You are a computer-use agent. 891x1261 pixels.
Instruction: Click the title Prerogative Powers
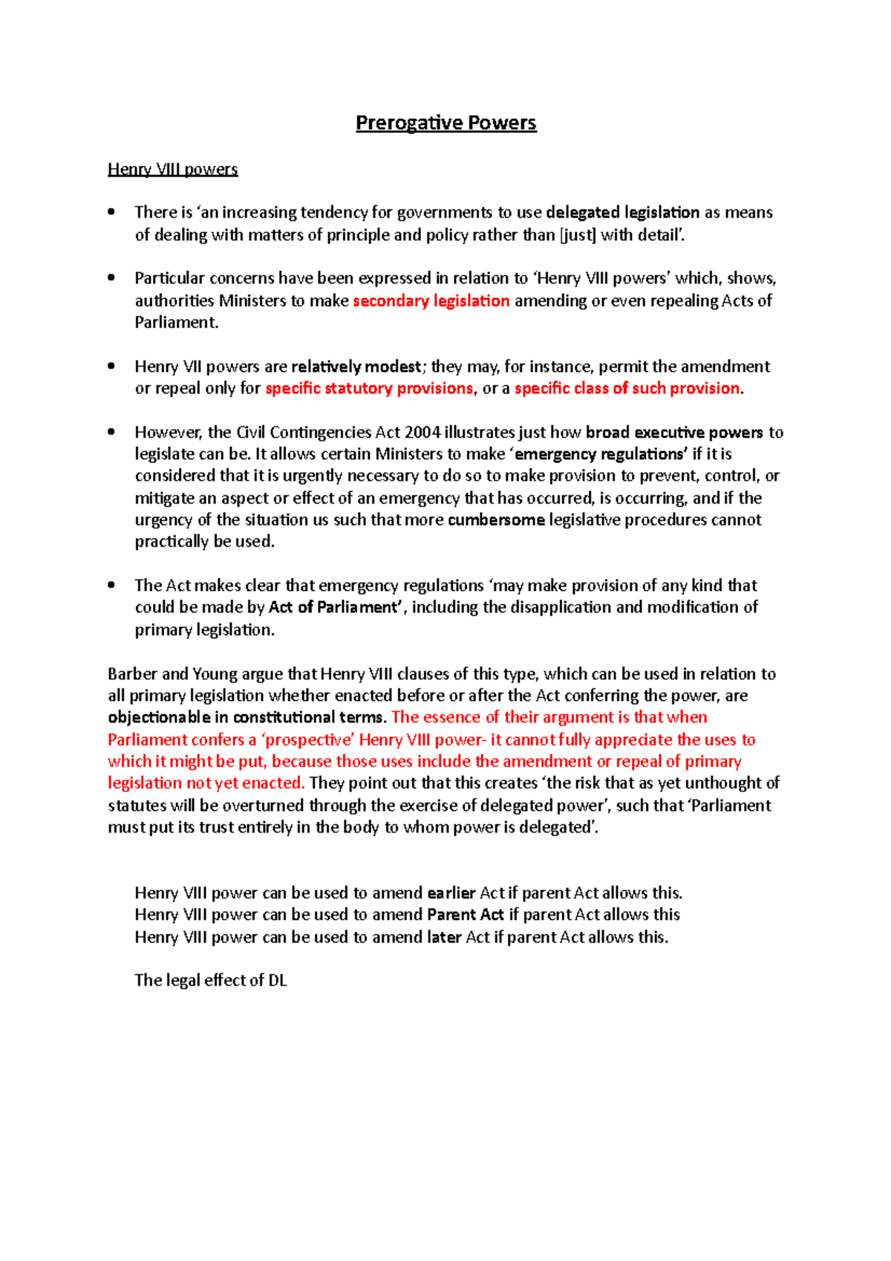(x=446, y=123)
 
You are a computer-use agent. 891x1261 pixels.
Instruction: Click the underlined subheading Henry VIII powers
(x=172, y=169)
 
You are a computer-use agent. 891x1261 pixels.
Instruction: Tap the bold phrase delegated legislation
(x=622, y=212)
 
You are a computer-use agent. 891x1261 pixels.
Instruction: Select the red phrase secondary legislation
(x=431, y=301)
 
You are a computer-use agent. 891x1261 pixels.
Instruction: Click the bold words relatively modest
(x=356, y=367)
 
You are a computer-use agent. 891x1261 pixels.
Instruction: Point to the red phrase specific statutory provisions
(x=369, y=388)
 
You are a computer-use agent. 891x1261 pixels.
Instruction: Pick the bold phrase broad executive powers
(x=673, y=432)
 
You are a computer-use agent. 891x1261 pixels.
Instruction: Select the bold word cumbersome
(x=496, y=520)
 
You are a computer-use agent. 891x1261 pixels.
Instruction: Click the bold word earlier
(x=451, y=893)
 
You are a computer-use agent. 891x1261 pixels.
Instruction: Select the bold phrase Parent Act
(x=466, y=915)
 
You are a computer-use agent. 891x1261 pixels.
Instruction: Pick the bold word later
(x=444, y=937)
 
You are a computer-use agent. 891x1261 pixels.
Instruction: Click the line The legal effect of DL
(x=211, y=980)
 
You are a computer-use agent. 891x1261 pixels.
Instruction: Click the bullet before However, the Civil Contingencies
(x=111, y=431)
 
